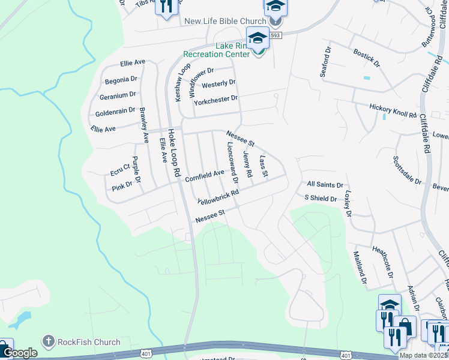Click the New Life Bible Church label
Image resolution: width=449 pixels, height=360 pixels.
[x=225, y=21]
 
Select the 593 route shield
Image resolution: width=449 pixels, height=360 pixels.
[x=275, y=36]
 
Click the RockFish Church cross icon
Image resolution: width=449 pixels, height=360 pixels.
[x=48, y=343]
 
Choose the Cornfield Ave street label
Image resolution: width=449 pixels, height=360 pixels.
[x=204, y=175]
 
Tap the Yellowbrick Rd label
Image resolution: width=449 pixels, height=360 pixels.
[x=218, y=196]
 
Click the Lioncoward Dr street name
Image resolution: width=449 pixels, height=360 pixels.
[x=232, y=163]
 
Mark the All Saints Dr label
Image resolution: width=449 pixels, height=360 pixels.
[x=325, y=185]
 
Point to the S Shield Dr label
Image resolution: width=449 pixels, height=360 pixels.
[x=321, y=197]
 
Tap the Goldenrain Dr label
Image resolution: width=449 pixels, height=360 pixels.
[x=115, y=112]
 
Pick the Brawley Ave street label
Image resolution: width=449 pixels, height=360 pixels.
[x=143, y=125]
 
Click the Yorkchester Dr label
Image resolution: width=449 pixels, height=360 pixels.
[x=215, y=98]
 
